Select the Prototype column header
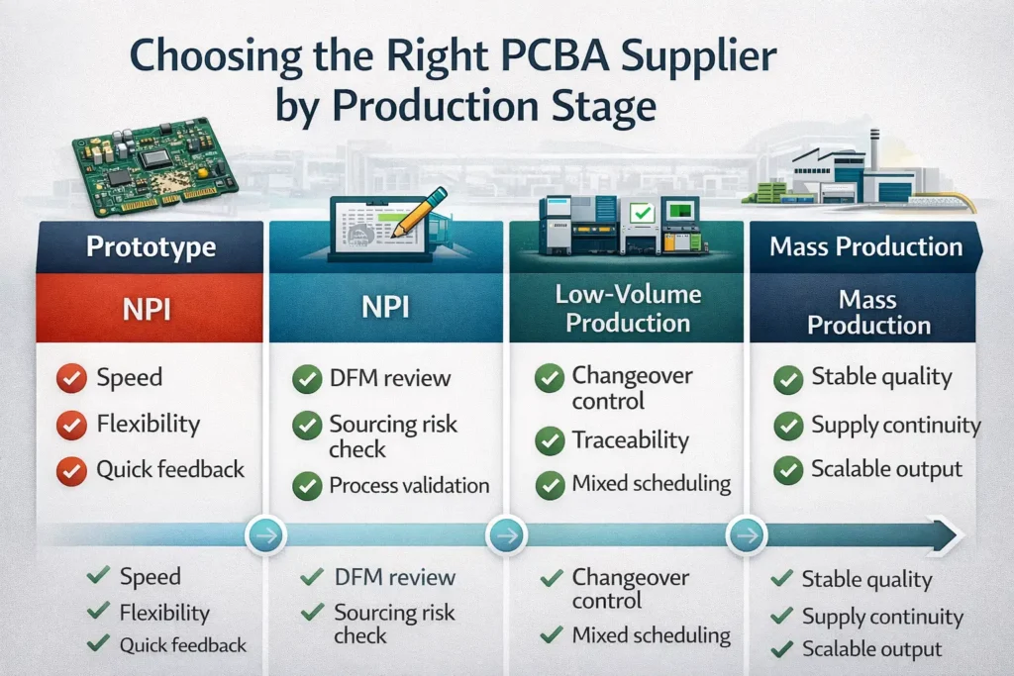[x=150, y=246]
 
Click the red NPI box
[x=150, y=307]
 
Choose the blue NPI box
[x=388, y=307]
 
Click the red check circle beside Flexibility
[x=70, y=425]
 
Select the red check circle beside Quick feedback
[x=70, y=470]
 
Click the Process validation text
[x=409, y=485]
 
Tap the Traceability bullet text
[x=630, y=439]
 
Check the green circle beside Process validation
[x=308, y=485]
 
